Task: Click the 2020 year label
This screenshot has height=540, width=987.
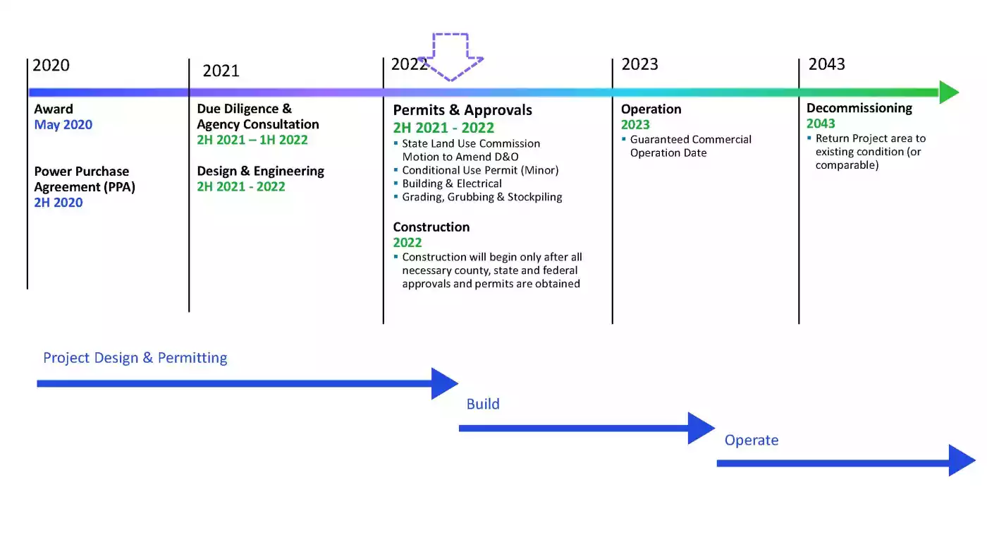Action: pos(51,65)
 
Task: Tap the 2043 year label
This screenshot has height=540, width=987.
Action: pos(826,64)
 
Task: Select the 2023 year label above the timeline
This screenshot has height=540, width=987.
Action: pos(640,64)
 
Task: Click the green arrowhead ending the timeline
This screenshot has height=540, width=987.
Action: pos(949,92)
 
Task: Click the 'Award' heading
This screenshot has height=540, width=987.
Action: pos(54,109)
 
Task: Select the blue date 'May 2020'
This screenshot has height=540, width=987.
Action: pos(63,124)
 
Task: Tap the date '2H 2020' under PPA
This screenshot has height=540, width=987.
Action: pos(59,203)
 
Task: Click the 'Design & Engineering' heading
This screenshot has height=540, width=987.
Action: pos(260,171)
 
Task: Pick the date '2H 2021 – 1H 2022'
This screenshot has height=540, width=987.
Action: pos(252,140)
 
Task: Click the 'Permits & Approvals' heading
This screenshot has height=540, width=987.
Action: pos(462,110)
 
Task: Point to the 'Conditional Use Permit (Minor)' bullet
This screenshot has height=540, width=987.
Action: pos(480,170)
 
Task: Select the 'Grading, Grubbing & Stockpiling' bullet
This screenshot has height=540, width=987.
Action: pos(482,197)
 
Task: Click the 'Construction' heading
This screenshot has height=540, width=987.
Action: pos(431,227)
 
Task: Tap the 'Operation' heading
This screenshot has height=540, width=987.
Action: pos(651,109)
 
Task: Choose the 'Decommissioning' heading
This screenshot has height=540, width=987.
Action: pos(859,108)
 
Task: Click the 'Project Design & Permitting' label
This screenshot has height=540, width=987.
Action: pos(135,358)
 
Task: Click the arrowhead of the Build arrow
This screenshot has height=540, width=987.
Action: pos(701,428)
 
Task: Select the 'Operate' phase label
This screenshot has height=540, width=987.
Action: pos(752,440)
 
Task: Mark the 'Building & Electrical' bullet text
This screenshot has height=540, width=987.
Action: pos(452,184)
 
